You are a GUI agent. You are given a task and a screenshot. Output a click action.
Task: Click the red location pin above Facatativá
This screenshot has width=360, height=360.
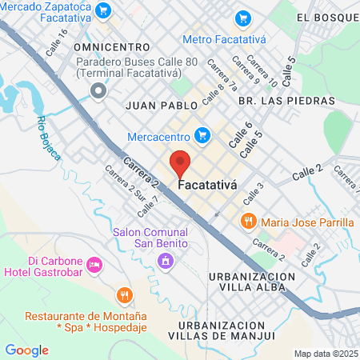point(181,163)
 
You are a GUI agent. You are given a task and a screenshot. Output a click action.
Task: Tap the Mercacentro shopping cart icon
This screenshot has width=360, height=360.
point(202,134)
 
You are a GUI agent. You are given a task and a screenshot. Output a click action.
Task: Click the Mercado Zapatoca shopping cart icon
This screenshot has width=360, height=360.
point(102,10)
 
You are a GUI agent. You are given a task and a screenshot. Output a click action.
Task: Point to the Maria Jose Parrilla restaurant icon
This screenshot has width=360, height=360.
point(249,221)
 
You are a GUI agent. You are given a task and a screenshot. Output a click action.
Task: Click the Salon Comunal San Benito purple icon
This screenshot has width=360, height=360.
point(165,260)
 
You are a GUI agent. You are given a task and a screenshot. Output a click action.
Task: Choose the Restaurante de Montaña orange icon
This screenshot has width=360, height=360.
point(123,294)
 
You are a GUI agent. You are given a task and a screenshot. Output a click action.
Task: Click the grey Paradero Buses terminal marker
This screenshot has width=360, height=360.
point(98,92)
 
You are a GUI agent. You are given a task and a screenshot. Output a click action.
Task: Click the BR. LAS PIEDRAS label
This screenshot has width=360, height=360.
point(274,101)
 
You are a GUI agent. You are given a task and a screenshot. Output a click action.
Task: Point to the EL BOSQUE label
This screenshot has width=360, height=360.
point(324,17)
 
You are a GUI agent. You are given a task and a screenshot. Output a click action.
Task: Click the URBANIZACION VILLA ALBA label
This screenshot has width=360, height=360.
point(251,282)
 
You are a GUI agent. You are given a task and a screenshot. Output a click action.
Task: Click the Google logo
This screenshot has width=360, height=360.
point(26,350)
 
